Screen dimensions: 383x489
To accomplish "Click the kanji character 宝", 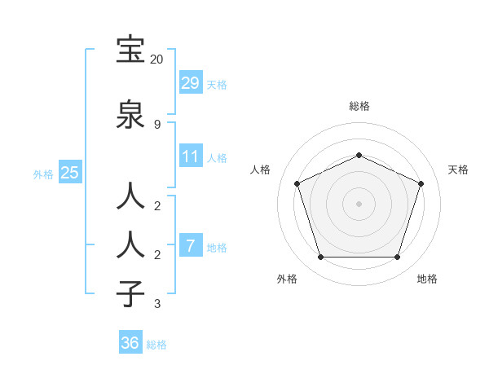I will coord(131,50).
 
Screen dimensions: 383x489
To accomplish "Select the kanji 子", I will coord(131,294).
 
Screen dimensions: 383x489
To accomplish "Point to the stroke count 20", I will coord(157,59).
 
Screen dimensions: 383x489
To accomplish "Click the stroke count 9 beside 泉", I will coord(157,124).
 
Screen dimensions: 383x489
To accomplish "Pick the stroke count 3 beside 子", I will coord(157,304).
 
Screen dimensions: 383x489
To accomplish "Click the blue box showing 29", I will coord(190,82).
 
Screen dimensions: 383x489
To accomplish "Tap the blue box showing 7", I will coord(190,245).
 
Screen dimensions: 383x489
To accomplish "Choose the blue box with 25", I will coord(69,172).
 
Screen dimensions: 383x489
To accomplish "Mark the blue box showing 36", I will coord(130,343).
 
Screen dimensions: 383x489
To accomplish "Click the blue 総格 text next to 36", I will coord(156,345).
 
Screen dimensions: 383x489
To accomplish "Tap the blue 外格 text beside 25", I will coord(43,174).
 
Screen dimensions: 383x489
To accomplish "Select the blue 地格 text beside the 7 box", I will coord(217,248).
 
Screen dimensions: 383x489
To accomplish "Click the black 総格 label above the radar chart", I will coord(359,106).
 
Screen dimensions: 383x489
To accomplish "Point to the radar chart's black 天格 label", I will coord(458,169).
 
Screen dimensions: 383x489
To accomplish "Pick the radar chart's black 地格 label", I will coord(427,279).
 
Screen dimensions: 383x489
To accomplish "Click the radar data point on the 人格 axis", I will coord(297,183).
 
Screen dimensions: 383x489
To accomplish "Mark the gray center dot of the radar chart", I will coord(359,204).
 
